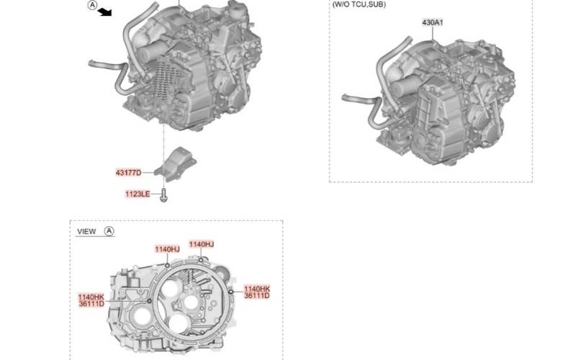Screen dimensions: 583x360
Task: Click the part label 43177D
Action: pyautogui.click(x=128, y=173)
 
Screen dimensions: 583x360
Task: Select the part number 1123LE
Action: pyautogui.click(x=137, y=194)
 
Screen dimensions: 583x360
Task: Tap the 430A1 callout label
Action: pyautogui.click(x=433, y=22)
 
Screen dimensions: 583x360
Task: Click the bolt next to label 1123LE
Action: pyautogui.click(x=163, y=195)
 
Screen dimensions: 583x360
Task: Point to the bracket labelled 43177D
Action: pyautogui.click(x=176, y=164)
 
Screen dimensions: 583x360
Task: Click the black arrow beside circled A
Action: pyautogui.click(x=104, y=12)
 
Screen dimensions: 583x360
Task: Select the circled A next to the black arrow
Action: pyautogui.click(x=92, y=5)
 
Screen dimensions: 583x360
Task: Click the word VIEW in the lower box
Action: pyautogui.click(x=86, y=231)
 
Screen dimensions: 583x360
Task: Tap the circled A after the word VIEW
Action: pyautogui.click(x=109, y=231)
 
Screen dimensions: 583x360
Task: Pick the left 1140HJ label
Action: pyautogui.click(x=167, y=249)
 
